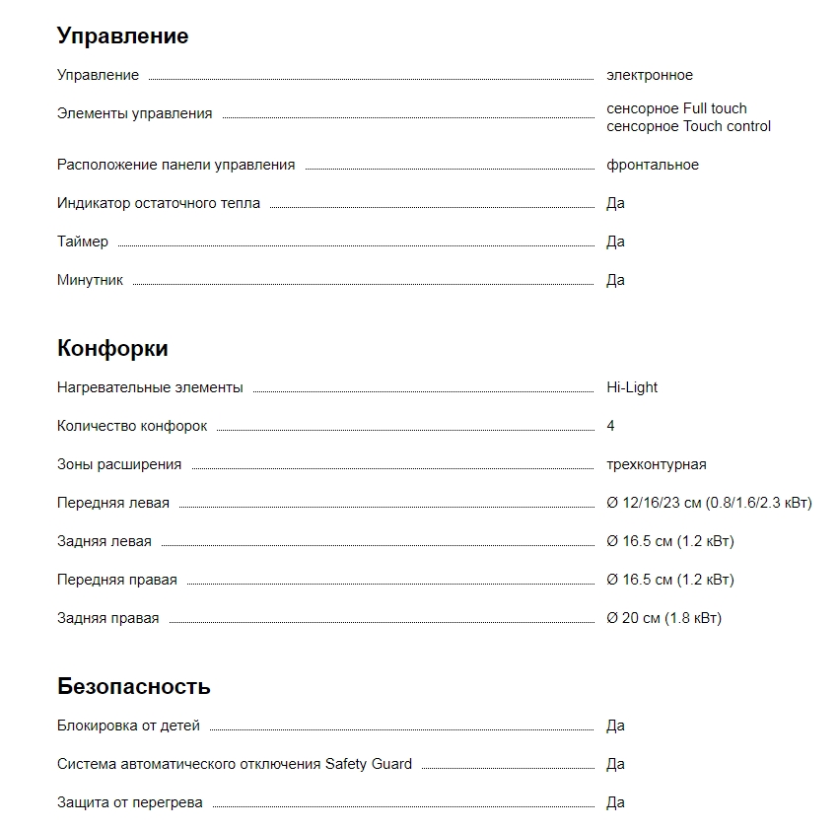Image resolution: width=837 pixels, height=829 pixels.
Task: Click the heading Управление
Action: click(x=122, y=36)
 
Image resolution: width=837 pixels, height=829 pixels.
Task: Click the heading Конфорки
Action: click(x=112, y=349)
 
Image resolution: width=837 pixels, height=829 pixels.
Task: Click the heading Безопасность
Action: click(x=133, y=687)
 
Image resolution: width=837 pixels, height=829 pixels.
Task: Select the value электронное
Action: click(x=649, y=75)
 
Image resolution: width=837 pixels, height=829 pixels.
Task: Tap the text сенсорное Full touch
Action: click(x=676, y=108)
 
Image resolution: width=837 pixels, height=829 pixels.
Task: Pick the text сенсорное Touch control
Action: click(x=688, y=126)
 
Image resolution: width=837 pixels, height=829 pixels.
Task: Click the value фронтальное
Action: click(x=652, y=165)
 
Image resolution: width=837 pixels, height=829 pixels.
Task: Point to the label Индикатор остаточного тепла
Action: click(x=159, y=203)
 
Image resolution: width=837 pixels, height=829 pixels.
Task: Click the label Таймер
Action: click(x=83, y=242)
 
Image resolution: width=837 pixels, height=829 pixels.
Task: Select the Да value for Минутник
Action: click(x=615, y=280)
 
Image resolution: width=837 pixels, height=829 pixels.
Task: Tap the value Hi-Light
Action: click(x=631, y=387)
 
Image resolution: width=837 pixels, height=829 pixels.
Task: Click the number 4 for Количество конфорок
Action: click(x=610, y=426)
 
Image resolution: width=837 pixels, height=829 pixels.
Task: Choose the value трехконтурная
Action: click(x=656, y=464)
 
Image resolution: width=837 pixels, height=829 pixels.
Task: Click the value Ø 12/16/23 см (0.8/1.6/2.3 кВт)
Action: click(x=709, y=503)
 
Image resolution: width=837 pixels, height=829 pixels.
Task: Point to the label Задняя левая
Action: click(x=105, y=541)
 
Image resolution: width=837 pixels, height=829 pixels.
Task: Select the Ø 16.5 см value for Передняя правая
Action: click(x=669, y=580)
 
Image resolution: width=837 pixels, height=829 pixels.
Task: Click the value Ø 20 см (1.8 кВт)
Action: click(x=663, y=618)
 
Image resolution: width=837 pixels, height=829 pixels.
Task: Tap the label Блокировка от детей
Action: click(x=128, y=725)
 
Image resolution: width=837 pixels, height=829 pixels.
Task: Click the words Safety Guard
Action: click(x=369, y=764)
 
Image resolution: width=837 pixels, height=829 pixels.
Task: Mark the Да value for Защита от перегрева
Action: click(x=615, y=802)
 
